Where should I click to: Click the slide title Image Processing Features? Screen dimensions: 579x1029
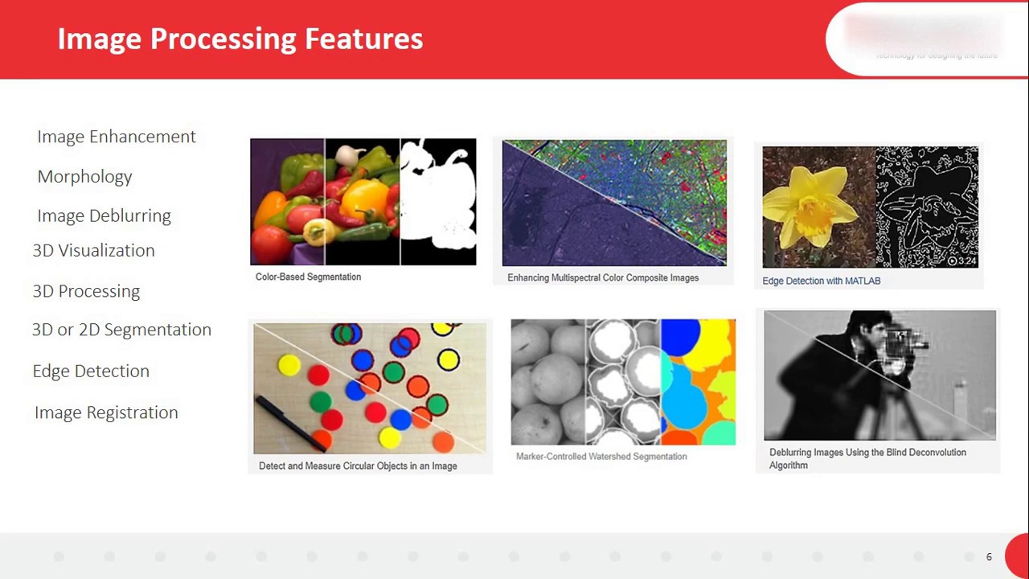coord(240,39)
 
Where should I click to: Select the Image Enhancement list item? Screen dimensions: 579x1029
coord(117,137)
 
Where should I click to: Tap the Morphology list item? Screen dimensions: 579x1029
coord(84,177)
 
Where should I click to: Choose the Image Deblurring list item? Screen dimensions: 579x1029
coord(104,216)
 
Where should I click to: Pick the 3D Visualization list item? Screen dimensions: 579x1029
coord(93,251)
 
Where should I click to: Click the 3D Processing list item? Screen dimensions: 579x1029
coord(86,291)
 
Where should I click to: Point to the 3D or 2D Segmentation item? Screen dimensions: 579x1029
coord(121,330)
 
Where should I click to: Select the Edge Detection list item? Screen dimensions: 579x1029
coord(91,372)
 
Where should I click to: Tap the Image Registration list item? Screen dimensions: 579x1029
coord(106,413)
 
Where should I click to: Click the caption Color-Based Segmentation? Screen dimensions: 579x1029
coord(308,277)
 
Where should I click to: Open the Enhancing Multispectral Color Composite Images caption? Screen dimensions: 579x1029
coord(603,277)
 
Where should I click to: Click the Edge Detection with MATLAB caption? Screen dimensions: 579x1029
coord(821,281)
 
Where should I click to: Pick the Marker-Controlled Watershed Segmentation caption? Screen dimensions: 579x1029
coord(601,456)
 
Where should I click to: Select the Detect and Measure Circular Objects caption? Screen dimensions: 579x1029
coord(358,466)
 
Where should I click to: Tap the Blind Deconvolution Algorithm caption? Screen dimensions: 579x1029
coord(867,458)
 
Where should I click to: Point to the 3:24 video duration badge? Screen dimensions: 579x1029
coord(962,261)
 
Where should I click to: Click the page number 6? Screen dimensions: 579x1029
coord(989,556)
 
